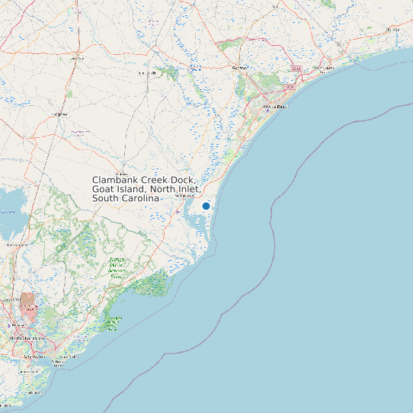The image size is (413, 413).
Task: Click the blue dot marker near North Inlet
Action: click(206, 206)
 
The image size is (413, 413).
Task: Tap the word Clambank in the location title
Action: click(114, 179)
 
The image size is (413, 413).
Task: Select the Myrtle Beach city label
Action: click(277, 107)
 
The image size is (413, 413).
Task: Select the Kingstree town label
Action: click(59, 114)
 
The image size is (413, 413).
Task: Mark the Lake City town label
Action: click(76, 57)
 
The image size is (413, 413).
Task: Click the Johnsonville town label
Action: click(146, 72)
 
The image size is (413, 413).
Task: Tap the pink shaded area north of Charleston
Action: click(28, 304)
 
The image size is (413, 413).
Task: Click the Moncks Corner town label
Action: click(13, 245)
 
